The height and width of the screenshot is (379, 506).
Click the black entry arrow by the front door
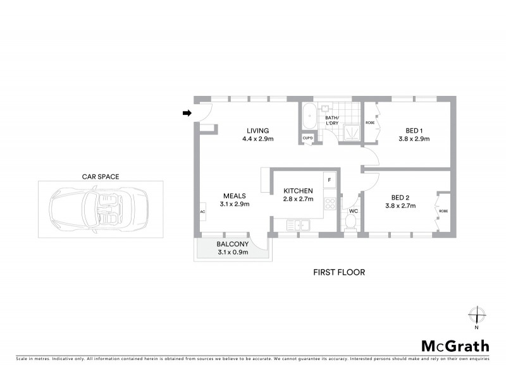tap(187, 113)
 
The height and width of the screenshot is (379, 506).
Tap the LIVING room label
tap(258, 131)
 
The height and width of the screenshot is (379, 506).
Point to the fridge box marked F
tap(328, 179)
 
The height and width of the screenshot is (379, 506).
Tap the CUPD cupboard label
tap(308, 138)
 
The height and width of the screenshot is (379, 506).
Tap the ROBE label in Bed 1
tap(369, 123)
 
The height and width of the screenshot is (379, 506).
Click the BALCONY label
tap(232, 244)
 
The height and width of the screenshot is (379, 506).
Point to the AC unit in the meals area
tap(202, 212)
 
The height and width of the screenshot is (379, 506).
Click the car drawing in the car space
tap(100, 210)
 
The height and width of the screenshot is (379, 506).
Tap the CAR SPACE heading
tap(100, 177)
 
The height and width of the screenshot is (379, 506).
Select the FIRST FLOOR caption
tap(339, 272)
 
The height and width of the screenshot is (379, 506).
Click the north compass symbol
tap(476, 315)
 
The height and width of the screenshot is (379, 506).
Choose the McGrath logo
tap(455, 346)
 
